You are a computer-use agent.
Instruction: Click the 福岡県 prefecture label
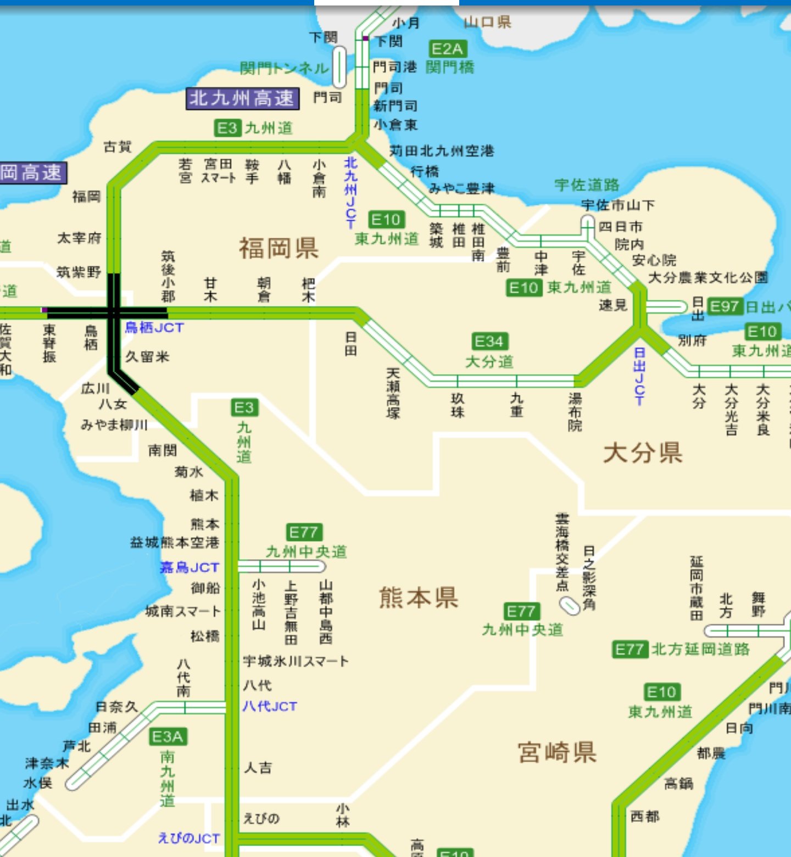tap(278, 248)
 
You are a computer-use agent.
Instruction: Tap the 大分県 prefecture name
tap(643, 453)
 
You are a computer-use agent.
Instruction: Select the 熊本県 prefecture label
tap(419, 597)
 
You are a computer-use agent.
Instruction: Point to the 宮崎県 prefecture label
tap(557, 752)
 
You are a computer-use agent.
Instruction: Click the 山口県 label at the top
tap(487, 22)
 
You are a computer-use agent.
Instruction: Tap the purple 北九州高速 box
tap(242, 99)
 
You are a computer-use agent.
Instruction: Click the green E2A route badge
tap(447, 49)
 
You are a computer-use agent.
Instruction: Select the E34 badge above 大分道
tap(489, 342)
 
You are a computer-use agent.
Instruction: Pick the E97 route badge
tap(725, 306)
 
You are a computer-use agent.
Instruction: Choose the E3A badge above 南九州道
tap(168, 737)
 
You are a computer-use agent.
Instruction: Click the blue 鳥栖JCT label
tap(154, 328)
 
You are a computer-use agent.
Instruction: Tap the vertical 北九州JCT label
tap(350, 192)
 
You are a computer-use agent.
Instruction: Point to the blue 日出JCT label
tap(639, 376)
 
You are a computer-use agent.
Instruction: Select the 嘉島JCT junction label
tap(190, 567)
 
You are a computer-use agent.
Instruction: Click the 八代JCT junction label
tap(270, 706)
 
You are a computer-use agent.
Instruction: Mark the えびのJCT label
tap(188, 838)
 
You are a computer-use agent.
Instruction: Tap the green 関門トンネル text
tap(285, 69)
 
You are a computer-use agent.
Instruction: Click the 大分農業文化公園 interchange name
tap(708, 277)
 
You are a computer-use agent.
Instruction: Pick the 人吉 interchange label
tap(258, 767)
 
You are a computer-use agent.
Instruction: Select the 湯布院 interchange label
tap(575, 411)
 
